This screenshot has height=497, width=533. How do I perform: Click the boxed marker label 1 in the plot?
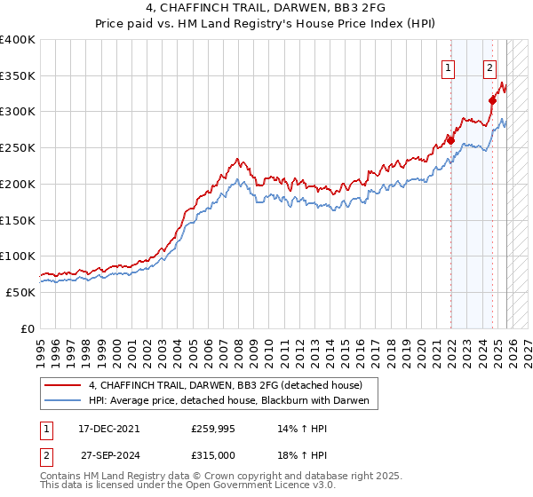click(x=448, y=67)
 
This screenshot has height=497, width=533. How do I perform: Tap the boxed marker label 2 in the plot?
click(x=489, y=67)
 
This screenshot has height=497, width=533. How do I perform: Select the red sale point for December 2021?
click(x=450, y=140)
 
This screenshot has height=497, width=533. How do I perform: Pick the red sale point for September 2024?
click(x=492, y=100)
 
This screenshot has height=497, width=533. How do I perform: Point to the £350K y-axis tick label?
click(x=18, y=75)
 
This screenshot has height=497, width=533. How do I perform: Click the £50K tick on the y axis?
click(x=20, y=292)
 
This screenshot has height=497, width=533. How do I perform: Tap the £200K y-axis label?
click(x=18, y=184)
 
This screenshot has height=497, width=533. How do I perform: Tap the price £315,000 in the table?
click(x=213, y=455)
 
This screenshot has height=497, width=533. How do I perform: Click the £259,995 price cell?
click(x=213, y=428)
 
